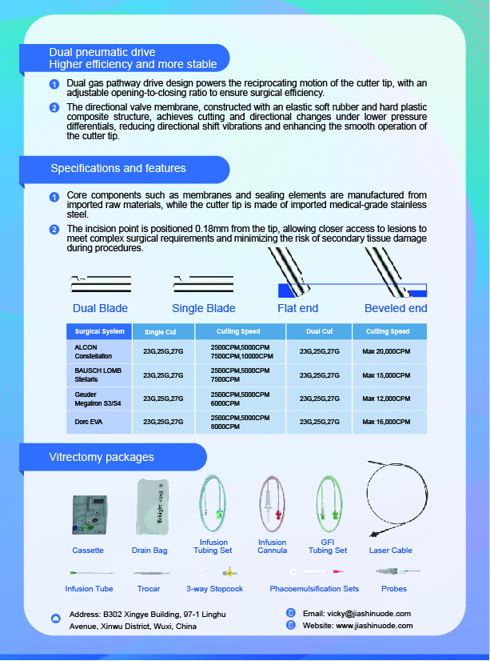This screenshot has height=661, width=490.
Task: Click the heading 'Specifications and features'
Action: point(118,169)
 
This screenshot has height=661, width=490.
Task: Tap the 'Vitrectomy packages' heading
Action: point(102,457)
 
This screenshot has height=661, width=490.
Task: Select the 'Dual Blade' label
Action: point(100,308)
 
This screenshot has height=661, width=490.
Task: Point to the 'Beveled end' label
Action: point(396,308)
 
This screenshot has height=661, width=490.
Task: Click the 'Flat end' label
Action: point(297,308)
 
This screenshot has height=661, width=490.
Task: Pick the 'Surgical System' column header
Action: point(100,331)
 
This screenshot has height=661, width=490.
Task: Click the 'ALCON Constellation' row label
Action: point(94,352)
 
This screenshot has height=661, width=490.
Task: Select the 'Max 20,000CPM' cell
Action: point(386,351)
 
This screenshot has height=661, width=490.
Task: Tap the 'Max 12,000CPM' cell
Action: point(386,399)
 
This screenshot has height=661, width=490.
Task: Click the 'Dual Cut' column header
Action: point(320,331)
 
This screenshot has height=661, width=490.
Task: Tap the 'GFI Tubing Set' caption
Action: point(328,547)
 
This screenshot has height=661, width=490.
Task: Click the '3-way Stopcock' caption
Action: point(214,589)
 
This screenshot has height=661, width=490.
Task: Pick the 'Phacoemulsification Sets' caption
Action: point(314,589)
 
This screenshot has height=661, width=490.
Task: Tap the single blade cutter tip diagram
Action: point(203,284)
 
